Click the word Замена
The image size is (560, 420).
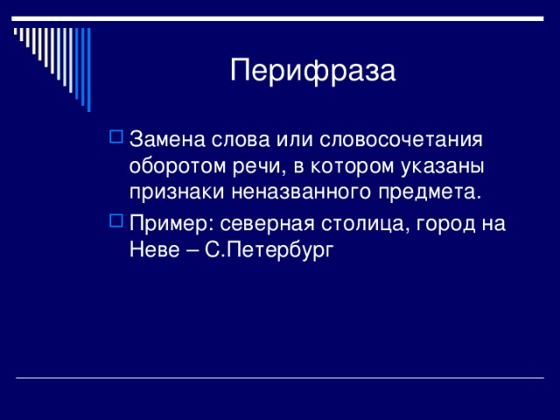167,139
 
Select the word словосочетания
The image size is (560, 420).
401,139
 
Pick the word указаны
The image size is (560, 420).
442,167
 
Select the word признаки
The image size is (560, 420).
177,192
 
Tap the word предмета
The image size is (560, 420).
430,192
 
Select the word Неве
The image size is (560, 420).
154,249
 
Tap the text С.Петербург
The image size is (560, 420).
269,250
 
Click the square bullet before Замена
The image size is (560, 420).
116,136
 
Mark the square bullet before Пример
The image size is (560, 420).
116,220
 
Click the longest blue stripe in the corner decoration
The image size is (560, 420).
89,70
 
